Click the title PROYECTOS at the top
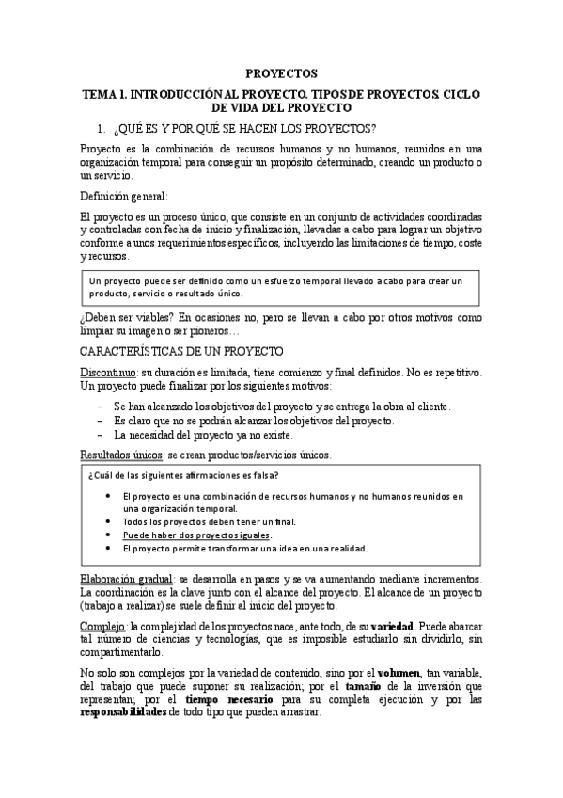pyautogui.click(x=281, y=72)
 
